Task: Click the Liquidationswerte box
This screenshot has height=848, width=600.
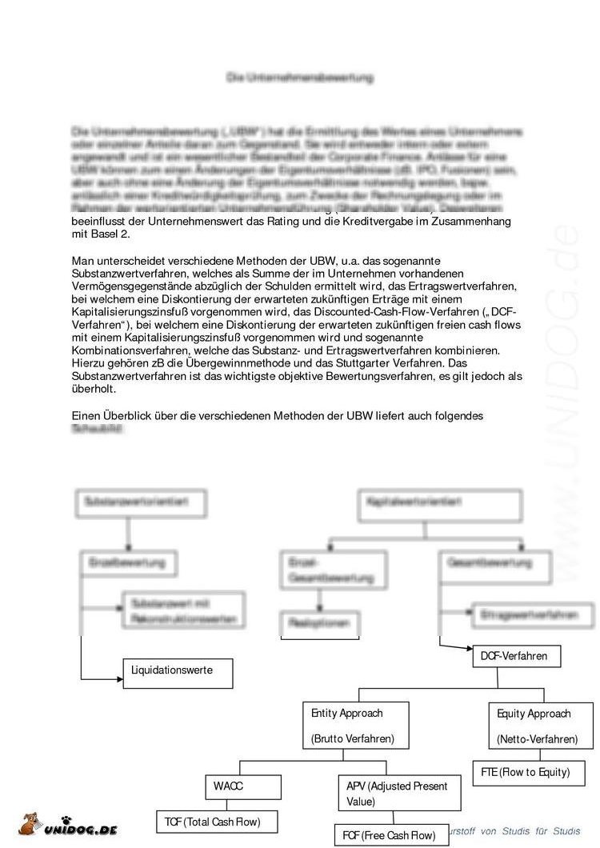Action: coord(178,673)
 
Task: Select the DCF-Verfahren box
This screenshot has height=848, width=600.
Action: coord(514,656)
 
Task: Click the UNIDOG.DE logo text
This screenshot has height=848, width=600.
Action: coord(80,830)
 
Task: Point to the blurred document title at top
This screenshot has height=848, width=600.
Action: coord(299,78)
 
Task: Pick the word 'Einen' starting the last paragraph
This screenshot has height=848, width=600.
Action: coord(85,416)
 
